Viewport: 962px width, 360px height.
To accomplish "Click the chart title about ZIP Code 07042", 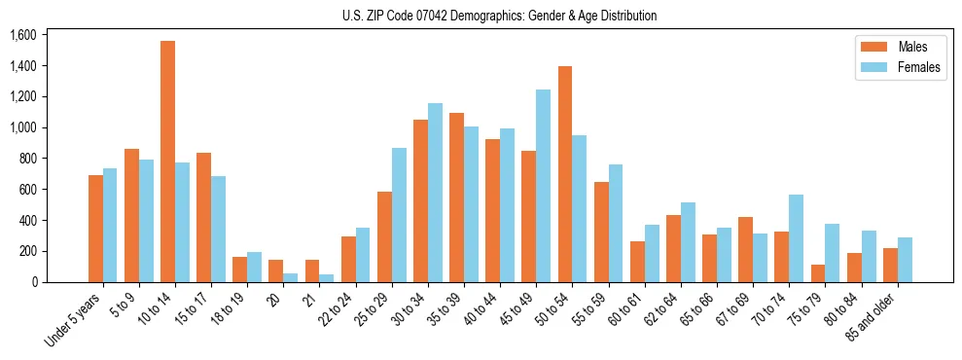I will point(499,16).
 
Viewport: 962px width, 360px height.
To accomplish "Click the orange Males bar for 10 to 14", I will point(167,162).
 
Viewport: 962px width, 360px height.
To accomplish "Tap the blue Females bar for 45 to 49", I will point(544,186).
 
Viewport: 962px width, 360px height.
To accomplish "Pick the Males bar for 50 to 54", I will point(565,174).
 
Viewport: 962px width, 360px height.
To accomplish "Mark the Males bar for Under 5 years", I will point(95,229).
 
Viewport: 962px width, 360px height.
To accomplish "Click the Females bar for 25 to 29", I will point(399,215).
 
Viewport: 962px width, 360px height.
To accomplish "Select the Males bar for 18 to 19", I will point(240,270).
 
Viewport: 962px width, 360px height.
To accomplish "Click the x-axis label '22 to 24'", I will point(337,310).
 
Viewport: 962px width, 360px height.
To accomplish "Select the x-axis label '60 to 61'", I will point(625,310).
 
